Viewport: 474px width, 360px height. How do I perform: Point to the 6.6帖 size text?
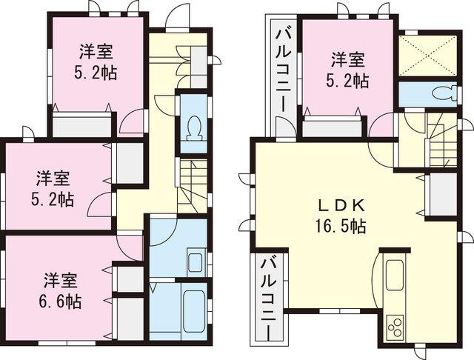point(61,301)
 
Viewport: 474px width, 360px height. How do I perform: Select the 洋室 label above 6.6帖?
point(61,281)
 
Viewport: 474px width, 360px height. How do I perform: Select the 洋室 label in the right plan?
point(347,58)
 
